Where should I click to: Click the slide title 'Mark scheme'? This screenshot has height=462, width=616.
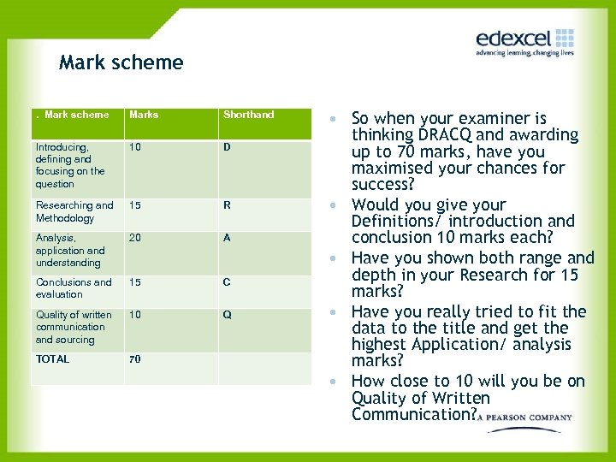point(121,62)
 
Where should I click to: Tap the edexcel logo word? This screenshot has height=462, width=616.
point(514,38)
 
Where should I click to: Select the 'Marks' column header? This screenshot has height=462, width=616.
point(144,115)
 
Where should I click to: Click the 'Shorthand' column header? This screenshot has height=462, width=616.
point(248,115)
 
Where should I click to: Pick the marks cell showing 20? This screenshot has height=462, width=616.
point(136,238)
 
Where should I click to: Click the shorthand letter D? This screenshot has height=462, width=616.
point(227,147)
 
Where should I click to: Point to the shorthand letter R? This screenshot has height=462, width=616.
point(227,205)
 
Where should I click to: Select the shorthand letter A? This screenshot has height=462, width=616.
point(227,238)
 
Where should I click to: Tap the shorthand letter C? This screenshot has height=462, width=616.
point(227,282)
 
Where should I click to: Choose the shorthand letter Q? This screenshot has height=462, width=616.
point(227,315)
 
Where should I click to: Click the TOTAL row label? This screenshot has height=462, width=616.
point(52,359)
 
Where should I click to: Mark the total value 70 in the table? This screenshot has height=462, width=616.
point(135,359)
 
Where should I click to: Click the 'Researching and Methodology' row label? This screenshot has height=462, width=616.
point(74,211)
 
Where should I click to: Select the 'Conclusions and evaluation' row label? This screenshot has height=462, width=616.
point(73,288)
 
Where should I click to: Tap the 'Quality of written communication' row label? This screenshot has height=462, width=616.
point(73,327)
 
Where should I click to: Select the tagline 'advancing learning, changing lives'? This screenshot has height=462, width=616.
point(524,53)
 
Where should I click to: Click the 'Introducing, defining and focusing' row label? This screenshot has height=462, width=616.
point(69,165)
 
